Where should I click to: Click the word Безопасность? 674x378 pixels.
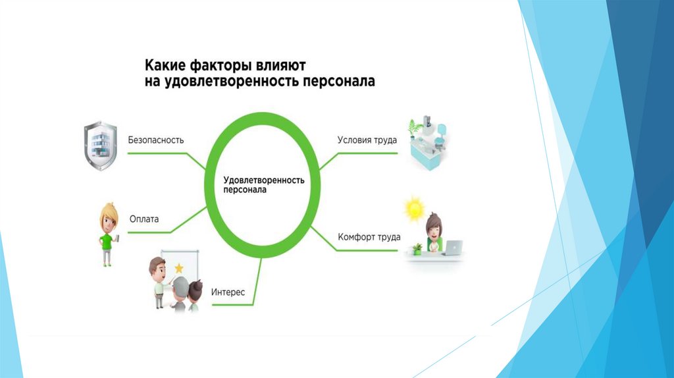pos(155,140)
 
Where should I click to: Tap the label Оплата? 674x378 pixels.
pos(144,219)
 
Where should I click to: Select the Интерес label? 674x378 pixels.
pos(228,292)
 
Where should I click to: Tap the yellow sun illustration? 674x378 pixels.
pos(415,209)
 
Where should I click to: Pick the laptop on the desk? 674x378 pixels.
pos(453,248)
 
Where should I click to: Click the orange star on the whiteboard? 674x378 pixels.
pos(179,267)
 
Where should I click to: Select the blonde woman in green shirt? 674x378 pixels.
pos(107,233)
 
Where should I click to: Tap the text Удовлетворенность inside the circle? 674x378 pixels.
pos(263,179)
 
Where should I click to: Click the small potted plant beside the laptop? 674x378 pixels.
pos(417,249)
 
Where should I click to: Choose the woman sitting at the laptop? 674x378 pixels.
pos(434,232)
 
